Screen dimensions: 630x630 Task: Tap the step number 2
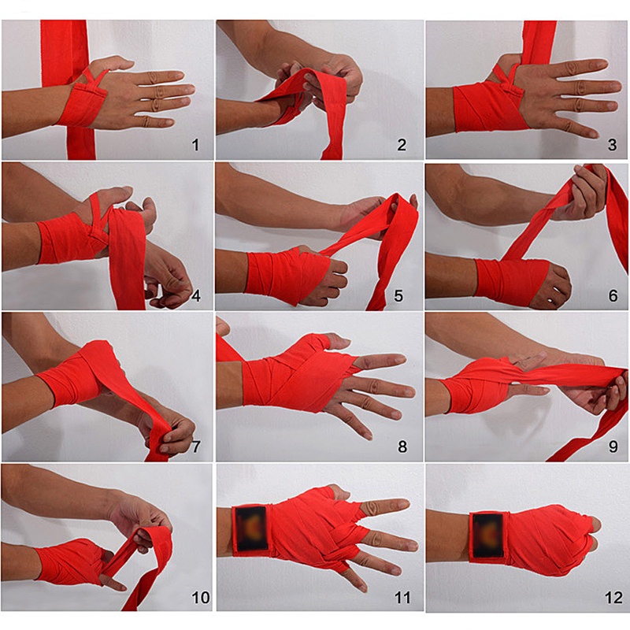coord(402,143)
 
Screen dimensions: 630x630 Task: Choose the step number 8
coord(402,447)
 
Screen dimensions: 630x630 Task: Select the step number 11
coord(402,598)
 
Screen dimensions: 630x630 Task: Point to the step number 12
coord(613,598)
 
